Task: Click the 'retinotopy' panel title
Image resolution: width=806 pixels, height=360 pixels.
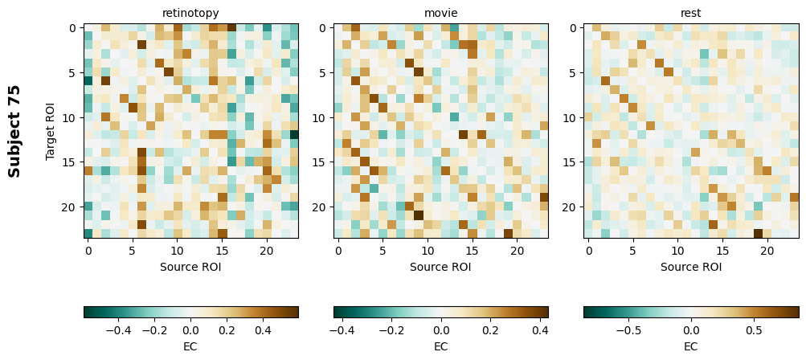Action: point(190,13)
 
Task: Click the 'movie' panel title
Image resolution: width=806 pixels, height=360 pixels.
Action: point(440,13)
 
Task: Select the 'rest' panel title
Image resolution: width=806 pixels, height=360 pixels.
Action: point(691,13)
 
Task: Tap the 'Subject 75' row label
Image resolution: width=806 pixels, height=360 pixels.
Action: point(14,131)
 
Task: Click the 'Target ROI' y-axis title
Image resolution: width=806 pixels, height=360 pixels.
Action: point(51,131)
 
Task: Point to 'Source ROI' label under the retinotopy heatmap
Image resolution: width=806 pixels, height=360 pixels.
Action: point(190,267)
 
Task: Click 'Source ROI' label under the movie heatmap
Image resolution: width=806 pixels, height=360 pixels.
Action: point(440,267)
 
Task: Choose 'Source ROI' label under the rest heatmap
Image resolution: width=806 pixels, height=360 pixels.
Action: point(691,267)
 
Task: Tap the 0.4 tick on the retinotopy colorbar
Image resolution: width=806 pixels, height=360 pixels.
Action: point(262,329)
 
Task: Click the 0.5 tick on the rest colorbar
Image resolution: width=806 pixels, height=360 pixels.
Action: point(754,329)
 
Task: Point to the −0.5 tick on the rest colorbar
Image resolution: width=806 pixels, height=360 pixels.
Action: point(628,329)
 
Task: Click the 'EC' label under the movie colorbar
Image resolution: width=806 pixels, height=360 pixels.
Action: point(440,346)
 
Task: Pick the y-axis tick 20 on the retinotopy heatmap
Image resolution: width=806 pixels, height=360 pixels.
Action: point(72,207)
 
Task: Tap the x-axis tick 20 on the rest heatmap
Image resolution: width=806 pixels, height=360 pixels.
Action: point(767,252)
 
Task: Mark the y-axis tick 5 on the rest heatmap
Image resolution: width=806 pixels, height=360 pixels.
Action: point(571,72)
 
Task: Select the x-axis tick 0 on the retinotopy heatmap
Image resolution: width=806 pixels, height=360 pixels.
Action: point(88,252)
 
